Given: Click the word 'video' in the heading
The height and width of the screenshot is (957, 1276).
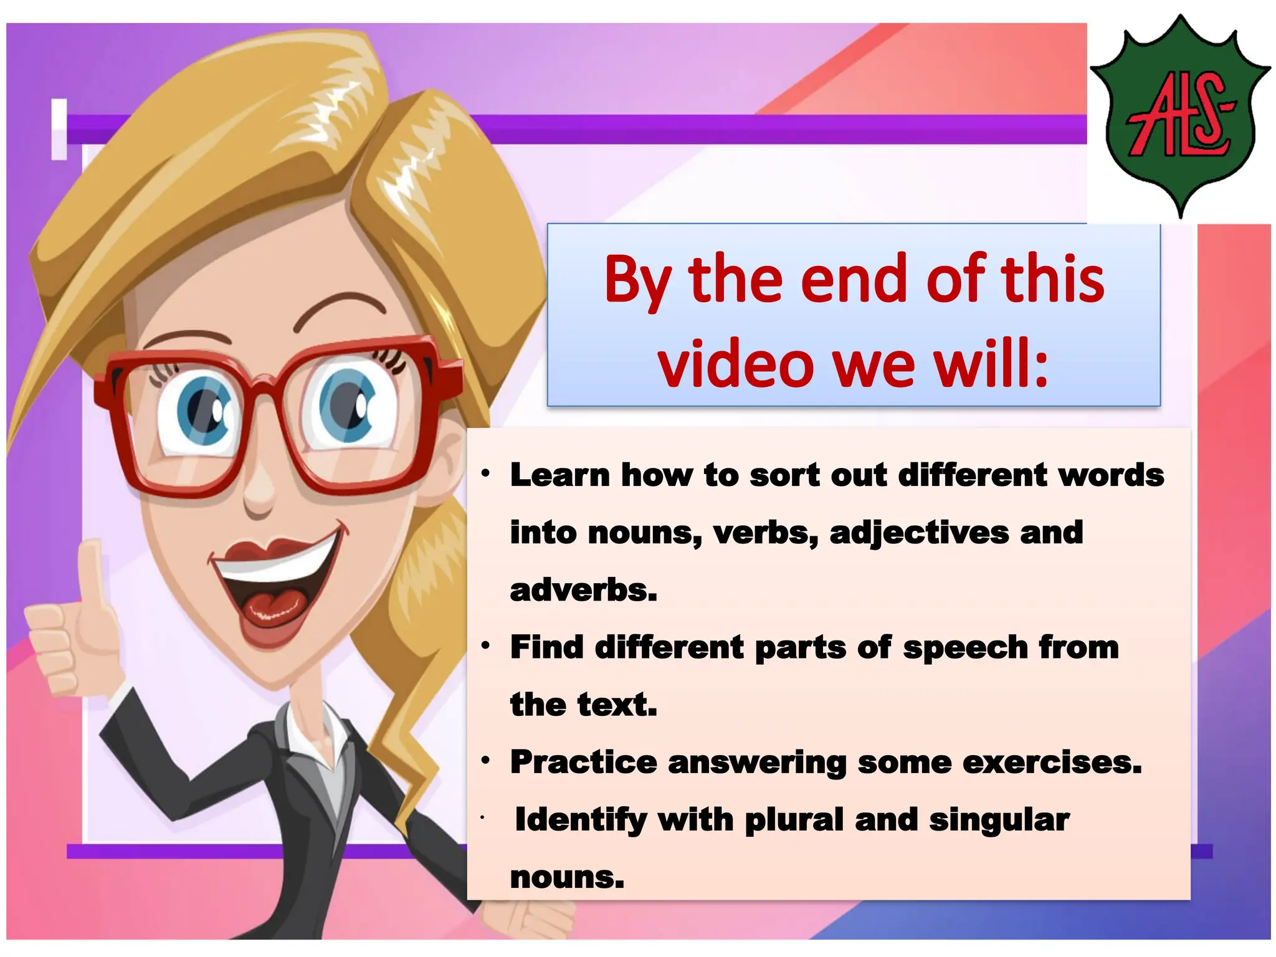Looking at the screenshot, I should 735,363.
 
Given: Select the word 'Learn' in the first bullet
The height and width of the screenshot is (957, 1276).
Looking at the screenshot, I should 559,475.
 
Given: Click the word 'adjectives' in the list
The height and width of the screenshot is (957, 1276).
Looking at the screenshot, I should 919,533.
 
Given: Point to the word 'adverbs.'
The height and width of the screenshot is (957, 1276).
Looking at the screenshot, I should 583,590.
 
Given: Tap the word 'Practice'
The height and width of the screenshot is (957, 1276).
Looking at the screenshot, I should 583,762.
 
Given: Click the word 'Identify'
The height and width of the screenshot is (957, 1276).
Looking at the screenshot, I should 581,820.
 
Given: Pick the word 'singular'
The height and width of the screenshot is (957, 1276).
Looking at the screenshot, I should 999,820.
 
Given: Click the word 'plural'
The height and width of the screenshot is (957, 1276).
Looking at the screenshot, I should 794,820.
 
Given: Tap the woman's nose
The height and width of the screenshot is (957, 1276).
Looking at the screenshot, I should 259,492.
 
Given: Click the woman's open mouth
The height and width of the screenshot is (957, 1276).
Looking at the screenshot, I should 274,592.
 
